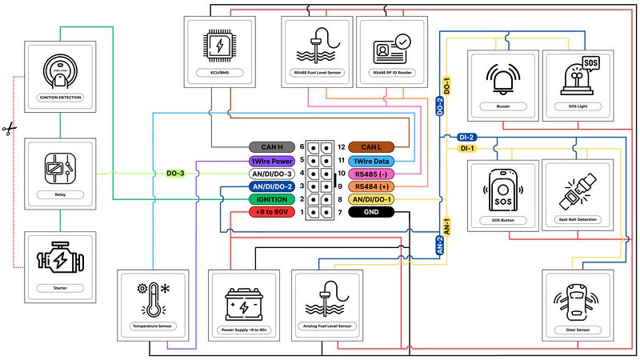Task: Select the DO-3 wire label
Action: [x=176, y=174]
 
